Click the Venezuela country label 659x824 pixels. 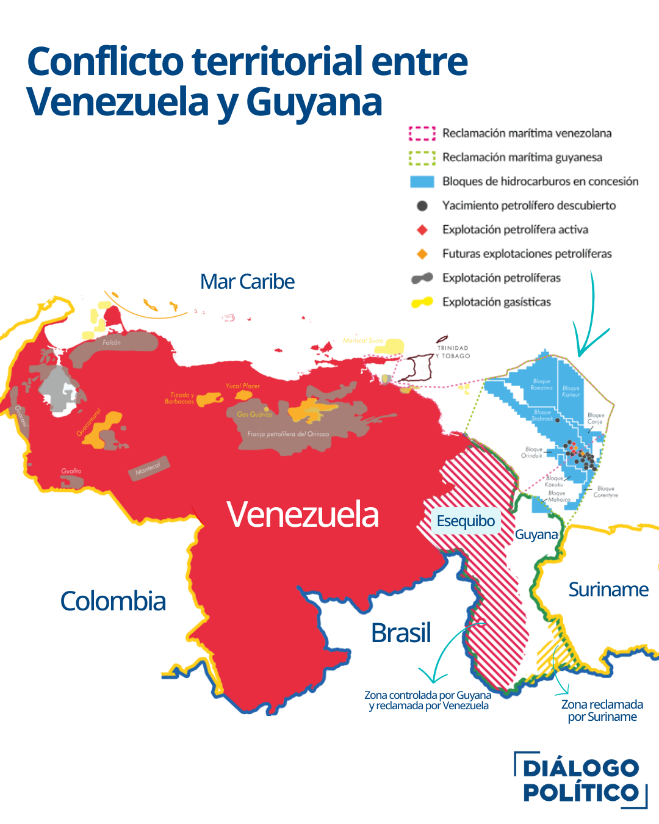point(303,515)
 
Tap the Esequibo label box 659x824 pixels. point(466,521)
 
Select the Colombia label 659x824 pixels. point(113,601)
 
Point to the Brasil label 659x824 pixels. point(401,633)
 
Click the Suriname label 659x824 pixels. point(608,590)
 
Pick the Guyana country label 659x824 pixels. point(536,535)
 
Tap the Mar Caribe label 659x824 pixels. point(247,281)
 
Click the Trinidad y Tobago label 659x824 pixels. point(453,352)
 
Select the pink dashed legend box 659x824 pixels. point(422,133)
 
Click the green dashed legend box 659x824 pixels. point(422,157)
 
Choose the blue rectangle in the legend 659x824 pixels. point(422,181)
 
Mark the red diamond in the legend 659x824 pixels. point(422,229)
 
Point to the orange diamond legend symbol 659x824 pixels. point(422,254)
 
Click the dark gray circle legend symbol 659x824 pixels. point(422,206)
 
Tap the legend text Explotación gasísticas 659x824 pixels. point(496,302)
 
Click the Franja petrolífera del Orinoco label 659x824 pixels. point(288,434)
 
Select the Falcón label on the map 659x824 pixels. point(112,342)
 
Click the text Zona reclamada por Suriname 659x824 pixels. point(602,710)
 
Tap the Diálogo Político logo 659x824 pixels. point(580,780)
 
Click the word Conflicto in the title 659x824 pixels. point(106,62)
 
